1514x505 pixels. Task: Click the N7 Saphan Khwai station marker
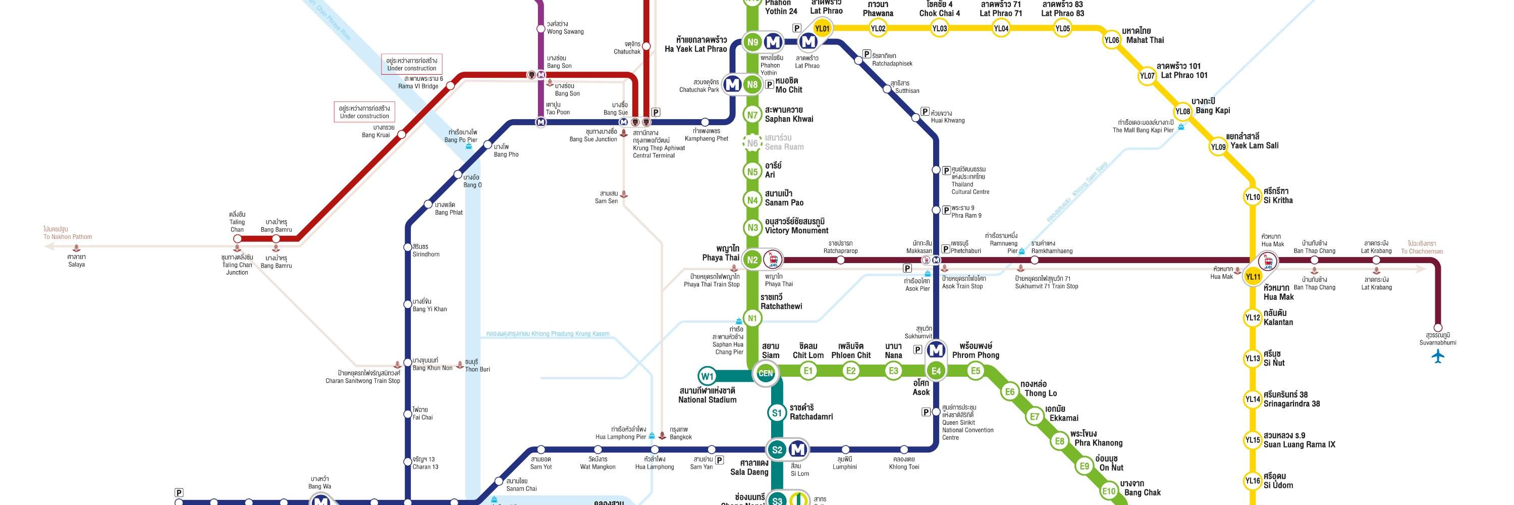coord(752,115)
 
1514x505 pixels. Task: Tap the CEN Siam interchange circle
coord(765,373)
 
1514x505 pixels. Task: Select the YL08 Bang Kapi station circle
coord(1182,112)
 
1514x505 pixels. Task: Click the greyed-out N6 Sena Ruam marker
coord(752,143)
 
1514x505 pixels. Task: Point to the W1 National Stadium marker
coord(707,376)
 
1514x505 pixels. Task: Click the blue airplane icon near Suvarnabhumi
coord(1438,356)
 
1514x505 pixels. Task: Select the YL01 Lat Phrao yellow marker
coord(822,28)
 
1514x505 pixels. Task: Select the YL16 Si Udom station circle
coord(1253,481)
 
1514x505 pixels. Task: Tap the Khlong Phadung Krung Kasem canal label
coord(547,334)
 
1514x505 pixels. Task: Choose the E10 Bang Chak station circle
coord(1108,491)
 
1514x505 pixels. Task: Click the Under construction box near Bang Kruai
coord(364,112)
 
